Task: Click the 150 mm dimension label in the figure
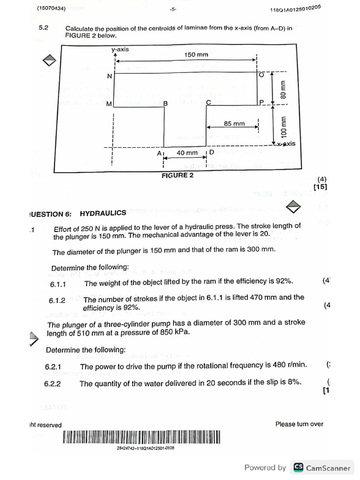196,55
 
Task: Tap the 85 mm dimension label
234,124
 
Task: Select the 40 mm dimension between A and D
187,153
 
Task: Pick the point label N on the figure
110,76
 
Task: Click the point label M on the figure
109,104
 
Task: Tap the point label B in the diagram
165,103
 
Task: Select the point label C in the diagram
208,102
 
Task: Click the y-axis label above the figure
120,49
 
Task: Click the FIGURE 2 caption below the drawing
177,175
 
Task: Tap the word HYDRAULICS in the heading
103,213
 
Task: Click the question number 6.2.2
52,384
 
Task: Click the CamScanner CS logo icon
298,467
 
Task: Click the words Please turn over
299,424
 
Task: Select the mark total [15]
320,187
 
